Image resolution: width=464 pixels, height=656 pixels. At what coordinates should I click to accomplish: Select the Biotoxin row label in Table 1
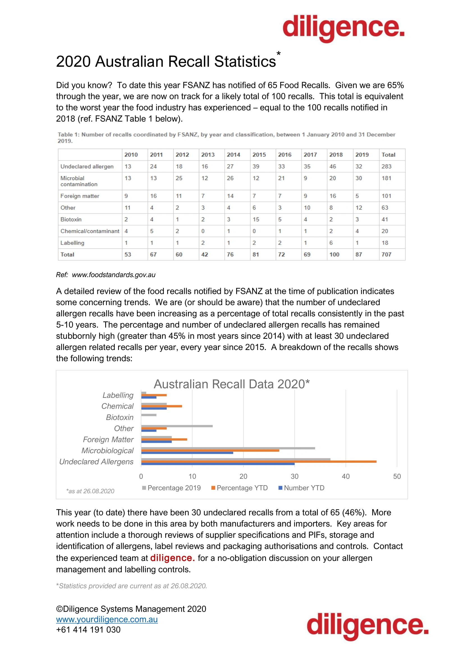[x=71, y=219]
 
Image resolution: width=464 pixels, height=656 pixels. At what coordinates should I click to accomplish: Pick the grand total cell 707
[x=386, y=254]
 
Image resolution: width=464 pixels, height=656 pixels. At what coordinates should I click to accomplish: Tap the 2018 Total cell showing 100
[x=334, y=254]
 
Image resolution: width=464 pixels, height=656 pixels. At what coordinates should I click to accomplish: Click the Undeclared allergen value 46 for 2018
[x=333, y=166]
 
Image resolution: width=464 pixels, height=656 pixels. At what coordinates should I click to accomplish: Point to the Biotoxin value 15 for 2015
[x=256, y=219]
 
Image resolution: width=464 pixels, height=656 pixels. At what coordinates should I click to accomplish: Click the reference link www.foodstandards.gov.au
[x=113, y=275]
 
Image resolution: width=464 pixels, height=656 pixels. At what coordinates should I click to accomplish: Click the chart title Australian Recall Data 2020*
[x=231, y=384]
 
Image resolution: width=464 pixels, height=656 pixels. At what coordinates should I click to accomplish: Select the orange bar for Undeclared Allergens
[x=259, y=461]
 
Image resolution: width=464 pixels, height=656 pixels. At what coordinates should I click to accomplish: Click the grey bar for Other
[x=176, y=426]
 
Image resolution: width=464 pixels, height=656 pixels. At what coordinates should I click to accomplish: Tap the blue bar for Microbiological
[x=187, y=453]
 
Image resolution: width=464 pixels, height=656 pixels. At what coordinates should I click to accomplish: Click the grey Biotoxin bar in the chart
[x=149, y=415]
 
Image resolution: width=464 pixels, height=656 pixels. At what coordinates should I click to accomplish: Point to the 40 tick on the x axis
[x=345, y=476]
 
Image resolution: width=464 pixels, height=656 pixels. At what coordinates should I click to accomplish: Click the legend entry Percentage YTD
[x=242, y=488]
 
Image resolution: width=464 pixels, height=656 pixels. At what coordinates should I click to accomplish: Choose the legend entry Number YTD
[x=304, y=488]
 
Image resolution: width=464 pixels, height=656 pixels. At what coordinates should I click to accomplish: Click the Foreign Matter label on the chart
[x=108, y=439]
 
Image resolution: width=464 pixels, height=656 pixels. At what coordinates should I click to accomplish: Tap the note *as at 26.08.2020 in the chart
[x=90, y=491]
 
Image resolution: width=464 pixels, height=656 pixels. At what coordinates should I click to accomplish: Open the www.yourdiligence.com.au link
[x=107, y=619]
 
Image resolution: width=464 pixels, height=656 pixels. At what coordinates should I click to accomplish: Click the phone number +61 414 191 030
[x=88, y=629]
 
